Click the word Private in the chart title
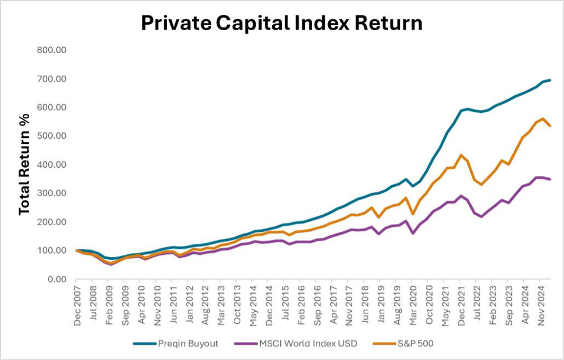tap(175, 23)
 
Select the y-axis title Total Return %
tap(24, 164)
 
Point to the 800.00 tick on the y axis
tap(51, 50)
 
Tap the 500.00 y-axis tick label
tap(51, 136)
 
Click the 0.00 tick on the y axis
tap(56, 279)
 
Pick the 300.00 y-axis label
tap(51, 193)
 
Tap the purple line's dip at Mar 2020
tap(412, 233)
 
